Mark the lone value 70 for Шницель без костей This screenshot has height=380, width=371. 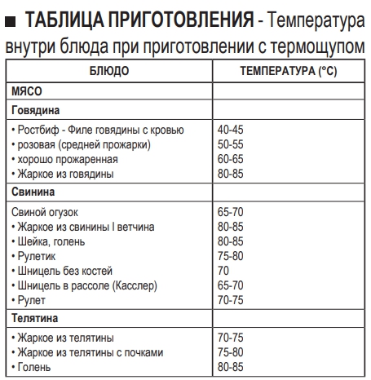pyautogui.click(x=224, y=271)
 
